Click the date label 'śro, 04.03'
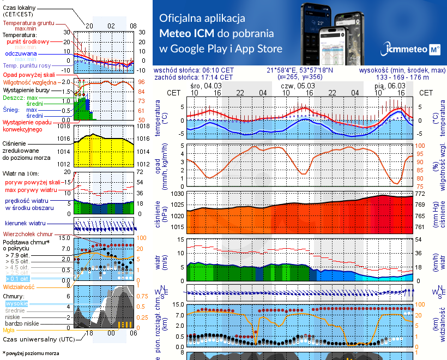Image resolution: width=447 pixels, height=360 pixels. pos(206,86)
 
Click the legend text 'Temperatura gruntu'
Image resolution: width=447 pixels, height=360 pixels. pos(28,23)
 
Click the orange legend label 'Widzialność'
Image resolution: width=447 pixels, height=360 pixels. pos(19,286)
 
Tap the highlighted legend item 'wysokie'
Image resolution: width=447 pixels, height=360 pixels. pos(16,303)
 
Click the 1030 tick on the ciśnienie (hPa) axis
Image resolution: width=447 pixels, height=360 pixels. pos(178,194)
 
